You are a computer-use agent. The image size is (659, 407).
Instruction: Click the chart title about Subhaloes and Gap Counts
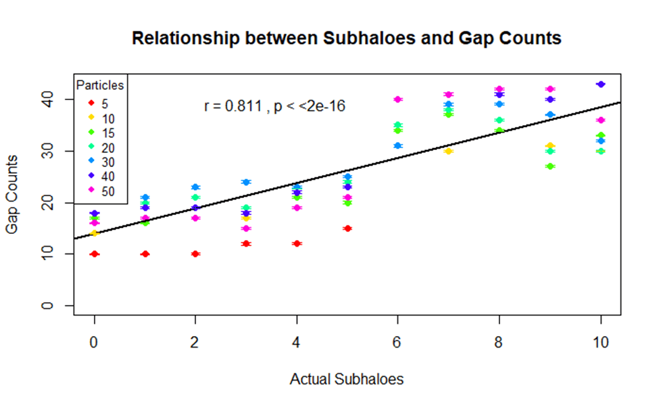[x=346, y=39]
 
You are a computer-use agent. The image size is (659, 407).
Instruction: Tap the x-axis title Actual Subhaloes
[x=346, y=379]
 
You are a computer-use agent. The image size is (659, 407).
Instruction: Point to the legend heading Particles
[x=100, y=86]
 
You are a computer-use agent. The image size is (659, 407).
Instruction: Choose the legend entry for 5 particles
[x=99, y=103]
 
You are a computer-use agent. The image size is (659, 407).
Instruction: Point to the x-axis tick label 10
[x=600, y=342]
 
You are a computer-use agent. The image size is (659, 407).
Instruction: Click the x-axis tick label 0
[x=95, y=342]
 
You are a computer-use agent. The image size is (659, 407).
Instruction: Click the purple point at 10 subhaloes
[x=600, y=85]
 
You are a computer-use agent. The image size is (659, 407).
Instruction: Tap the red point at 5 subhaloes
[x=347, y=229]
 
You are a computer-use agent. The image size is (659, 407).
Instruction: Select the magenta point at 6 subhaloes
[x=398, y=99]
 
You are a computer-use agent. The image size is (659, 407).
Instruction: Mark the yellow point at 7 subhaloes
[x=448, y=151]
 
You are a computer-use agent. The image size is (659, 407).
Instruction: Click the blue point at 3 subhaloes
[x=246, y=182]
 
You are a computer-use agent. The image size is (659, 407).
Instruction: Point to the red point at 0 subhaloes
[x=95, y=254]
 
